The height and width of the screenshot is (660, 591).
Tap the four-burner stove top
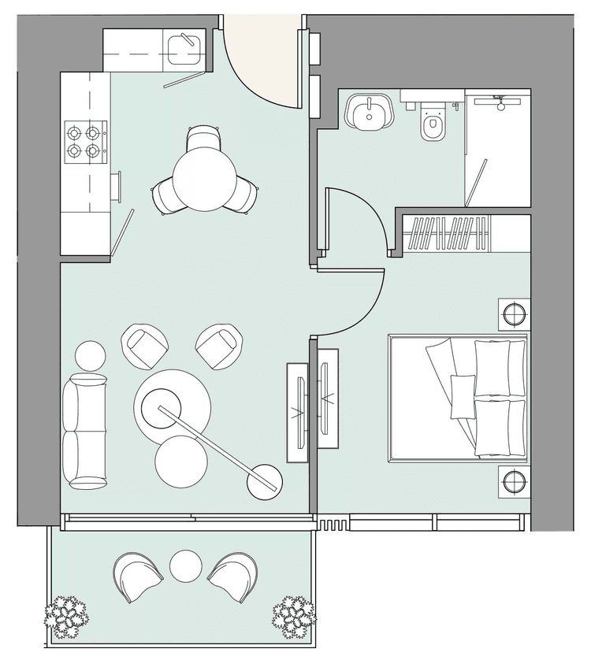pos(84,139)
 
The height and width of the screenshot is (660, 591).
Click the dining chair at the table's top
pos(203,139)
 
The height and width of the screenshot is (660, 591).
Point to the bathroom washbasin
pos(367,114)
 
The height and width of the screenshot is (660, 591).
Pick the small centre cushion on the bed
pos(460,395)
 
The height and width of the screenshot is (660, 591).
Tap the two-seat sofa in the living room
pos(84,431)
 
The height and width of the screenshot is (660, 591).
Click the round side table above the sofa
pos(91,355)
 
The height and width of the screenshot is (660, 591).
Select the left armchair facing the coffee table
pos(146,344)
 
